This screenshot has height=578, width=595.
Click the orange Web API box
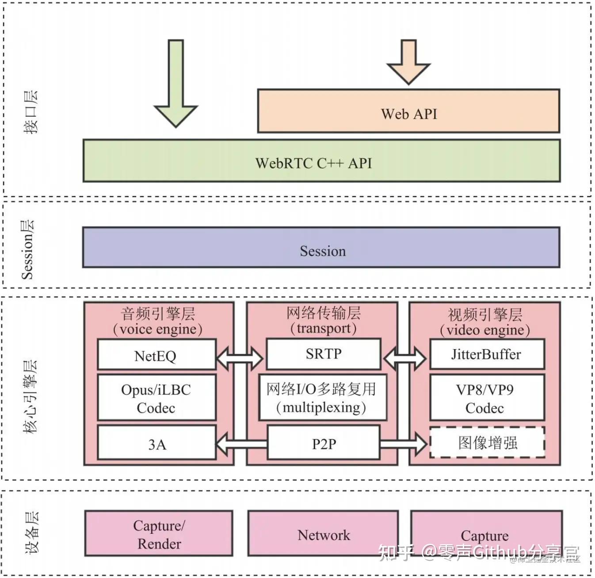(408, 111)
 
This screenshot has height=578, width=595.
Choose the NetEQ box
(156, 355)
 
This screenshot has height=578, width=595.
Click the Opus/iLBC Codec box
(156, 398)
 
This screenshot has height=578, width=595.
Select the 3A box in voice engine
(156, 443)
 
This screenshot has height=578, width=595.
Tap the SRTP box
(324, 354)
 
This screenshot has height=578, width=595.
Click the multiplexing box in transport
(323, 397)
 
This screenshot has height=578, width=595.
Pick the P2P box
(324, 443)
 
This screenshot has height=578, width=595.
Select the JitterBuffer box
(487, 354)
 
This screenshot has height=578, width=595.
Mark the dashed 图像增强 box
(487, 442)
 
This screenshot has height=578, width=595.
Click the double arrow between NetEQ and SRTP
(240, 357)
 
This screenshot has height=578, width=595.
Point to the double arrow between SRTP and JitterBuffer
(404, 357)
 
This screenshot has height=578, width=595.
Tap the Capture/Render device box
(159, 534)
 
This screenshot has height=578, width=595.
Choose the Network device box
(323, 534)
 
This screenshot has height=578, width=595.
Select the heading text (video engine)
(485, 330)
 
